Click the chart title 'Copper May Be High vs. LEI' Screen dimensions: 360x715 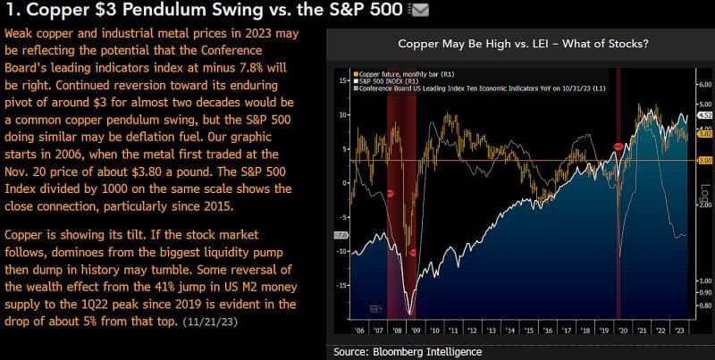pyautogui.click(x=521, y=43)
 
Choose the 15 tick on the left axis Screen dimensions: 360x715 pyautogui.click(x=344, y=80)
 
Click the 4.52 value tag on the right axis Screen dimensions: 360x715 pyautogui.click(x=703, y=115)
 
